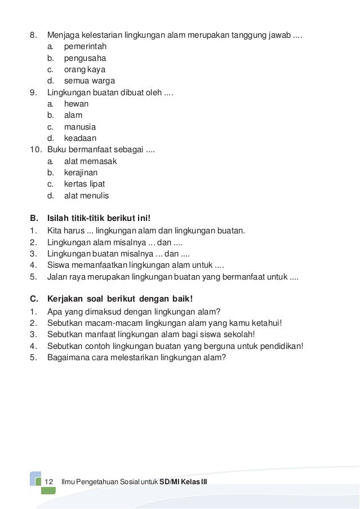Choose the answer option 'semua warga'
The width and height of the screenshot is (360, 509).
[86, 81]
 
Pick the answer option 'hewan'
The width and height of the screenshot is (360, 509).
[76, 104]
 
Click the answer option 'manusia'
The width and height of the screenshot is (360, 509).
[79, 127]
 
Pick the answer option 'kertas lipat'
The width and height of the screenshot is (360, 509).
[85, 184]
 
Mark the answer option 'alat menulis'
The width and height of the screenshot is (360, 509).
[86, 196]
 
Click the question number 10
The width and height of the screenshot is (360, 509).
[35, 150]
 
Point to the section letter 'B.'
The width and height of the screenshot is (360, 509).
[33, 218]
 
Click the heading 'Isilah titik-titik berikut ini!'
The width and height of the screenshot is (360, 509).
[100, 218]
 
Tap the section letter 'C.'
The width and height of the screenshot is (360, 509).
[33, 299]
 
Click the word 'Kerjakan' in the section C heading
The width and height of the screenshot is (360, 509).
[67, 299]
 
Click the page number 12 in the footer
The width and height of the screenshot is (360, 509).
[48, 481]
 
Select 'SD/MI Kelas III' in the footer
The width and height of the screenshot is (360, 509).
[184, 481]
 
